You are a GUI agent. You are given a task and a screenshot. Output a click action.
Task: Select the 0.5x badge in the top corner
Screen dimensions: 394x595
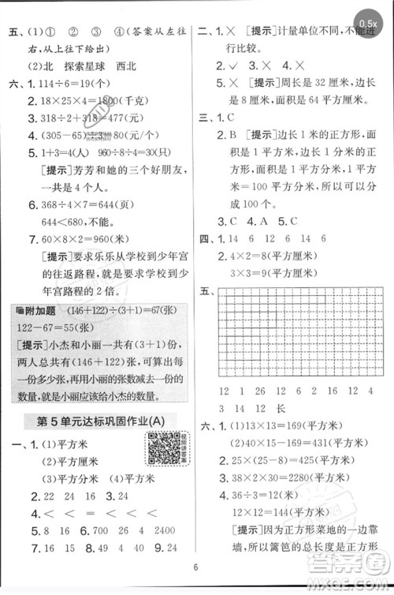click(x=367, y=24)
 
